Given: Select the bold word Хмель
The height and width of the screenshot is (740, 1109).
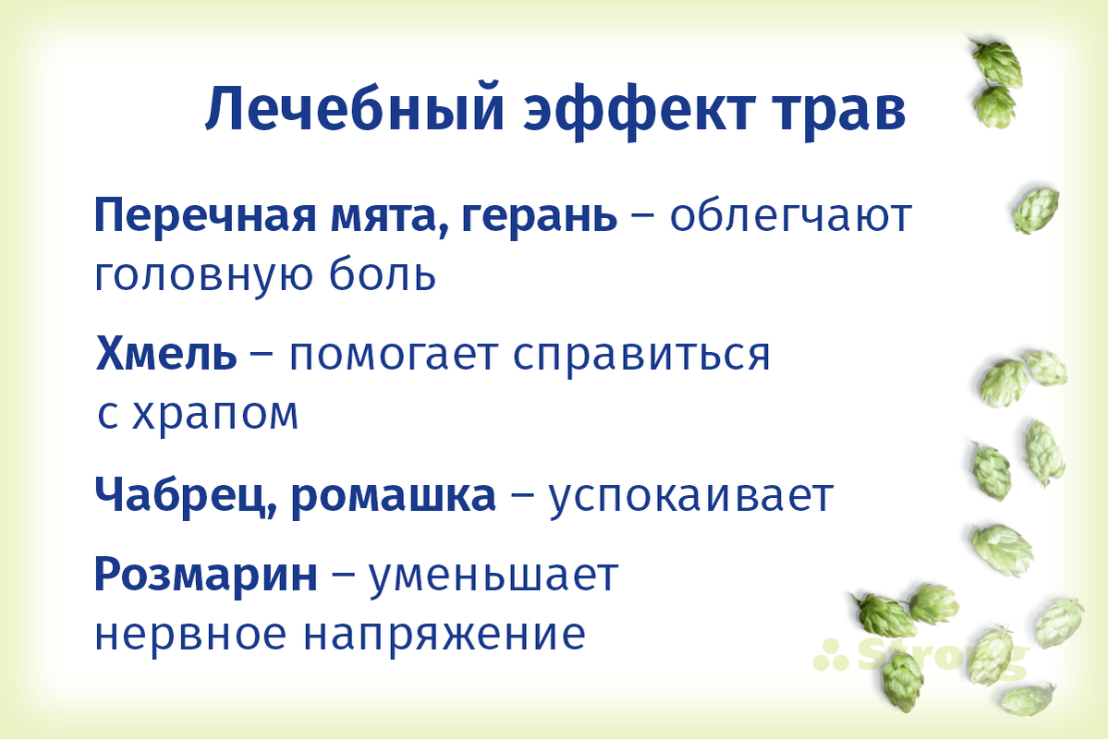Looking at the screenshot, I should (x=165, y=355).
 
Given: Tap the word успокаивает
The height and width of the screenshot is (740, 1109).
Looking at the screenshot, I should (x=691, y=497).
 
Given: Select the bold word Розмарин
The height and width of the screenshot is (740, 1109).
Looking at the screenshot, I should (x=205, y=577).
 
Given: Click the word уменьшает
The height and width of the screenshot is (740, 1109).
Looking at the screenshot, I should (x=494, y=577).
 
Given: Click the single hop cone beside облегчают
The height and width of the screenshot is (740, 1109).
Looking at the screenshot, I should (x=1036, y=210).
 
